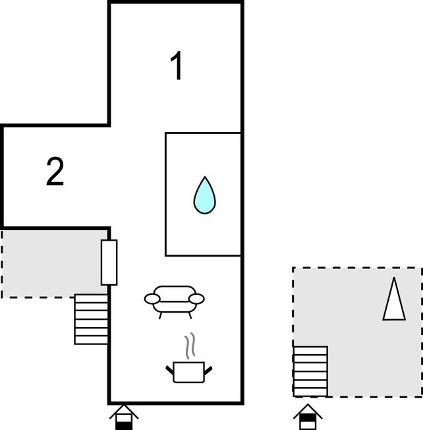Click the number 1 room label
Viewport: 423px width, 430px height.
pyautogui.click(x=176, y=67)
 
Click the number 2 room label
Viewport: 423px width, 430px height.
pyautogui.click(x=55, y=171)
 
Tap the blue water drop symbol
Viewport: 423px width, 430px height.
pyautogui.click(x=204, y=196)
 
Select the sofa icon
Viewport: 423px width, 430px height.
pyautogui.click(x=175, y=301)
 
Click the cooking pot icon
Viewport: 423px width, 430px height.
pyautogui.click(x=189, y=371)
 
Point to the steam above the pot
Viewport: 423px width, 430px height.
pyautogui.click(x=190, y=346)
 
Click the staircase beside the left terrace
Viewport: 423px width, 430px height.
pyautogui.click(x=91, y=319)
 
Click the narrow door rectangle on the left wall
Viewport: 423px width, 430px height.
pyautogui.click(x=109, y=262)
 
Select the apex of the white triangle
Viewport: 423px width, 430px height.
pyautogui.click(x=394, y=279)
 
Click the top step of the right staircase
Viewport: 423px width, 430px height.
pyautogui.click(x=310, y=350)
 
